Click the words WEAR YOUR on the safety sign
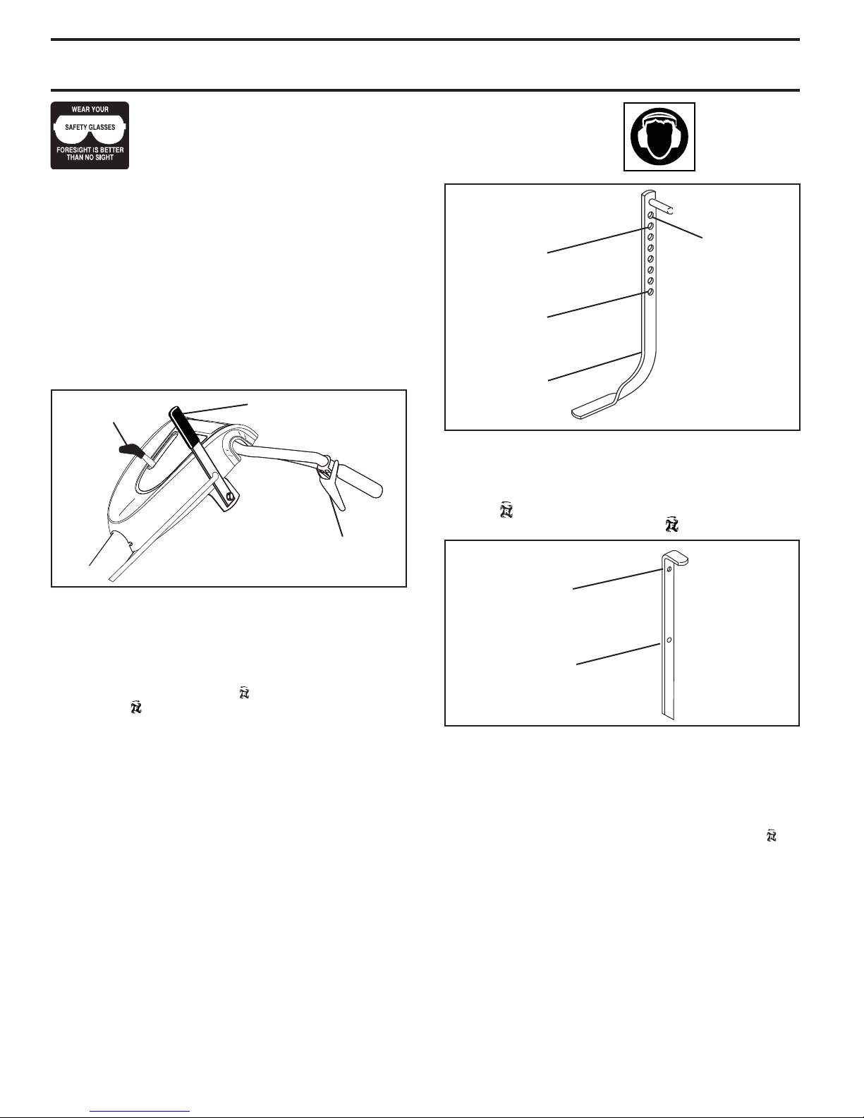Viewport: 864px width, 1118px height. coord(90,109)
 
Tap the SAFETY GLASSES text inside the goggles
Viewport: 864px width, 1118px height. coord(90,127)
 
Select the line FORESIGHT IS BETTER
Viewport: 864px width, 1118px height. coord(90,150)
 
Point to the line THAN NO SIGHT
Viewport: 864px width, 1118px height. coord(90,157)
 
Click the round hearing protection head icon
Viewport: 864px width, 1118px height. coord(659,136)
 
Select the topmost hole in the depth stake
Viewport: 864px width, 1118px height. coord(650,215)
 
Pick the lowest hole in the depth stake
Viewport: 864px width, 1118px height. coord(650,292)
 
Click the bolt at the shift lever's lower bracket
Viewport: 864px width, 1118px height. coord(229,497)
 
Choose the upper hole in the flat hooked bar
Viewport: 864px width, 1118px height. coord(669,569)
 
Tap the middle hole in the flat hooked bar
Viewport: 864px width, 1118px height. coord(669,640)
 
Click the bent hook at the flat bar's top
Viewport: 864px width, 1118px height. coord(675,559)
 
